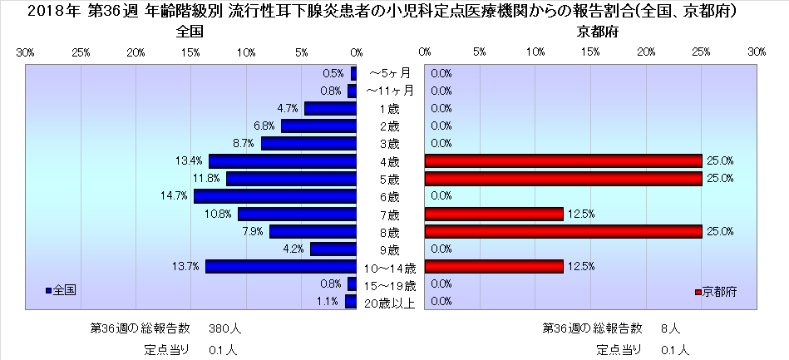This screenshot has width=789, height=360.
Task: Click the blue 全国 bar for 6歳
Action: coord(275,196)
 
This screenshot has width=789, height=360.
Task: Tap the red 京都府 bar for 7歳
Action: coord(494,214)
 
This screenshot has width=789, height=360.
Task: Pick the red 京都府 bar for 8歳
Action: coord(563,231)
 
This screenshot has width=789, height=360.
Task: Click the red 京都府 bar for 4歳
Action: coord(563,160)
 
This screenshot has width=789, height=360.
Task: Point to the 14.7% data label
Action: coord(177,196)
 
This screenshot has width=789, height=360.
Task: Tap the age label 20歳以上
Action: coord(390,303)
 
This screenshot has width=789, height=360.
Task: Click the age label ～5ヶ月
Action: coord(390,73)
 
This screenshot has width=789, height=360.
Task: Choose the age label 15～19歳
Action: coord(390,285)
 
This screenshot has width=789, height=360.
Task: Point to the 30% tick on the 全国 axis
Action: coord(26,52)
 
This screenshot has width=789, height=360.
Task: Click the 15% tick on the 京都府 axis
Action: coord(591,52)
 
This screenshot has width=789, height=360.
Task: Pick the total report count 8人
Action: coord(670,327)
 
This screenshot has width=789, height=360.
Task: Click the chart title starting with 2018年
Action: coord(394,12)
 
